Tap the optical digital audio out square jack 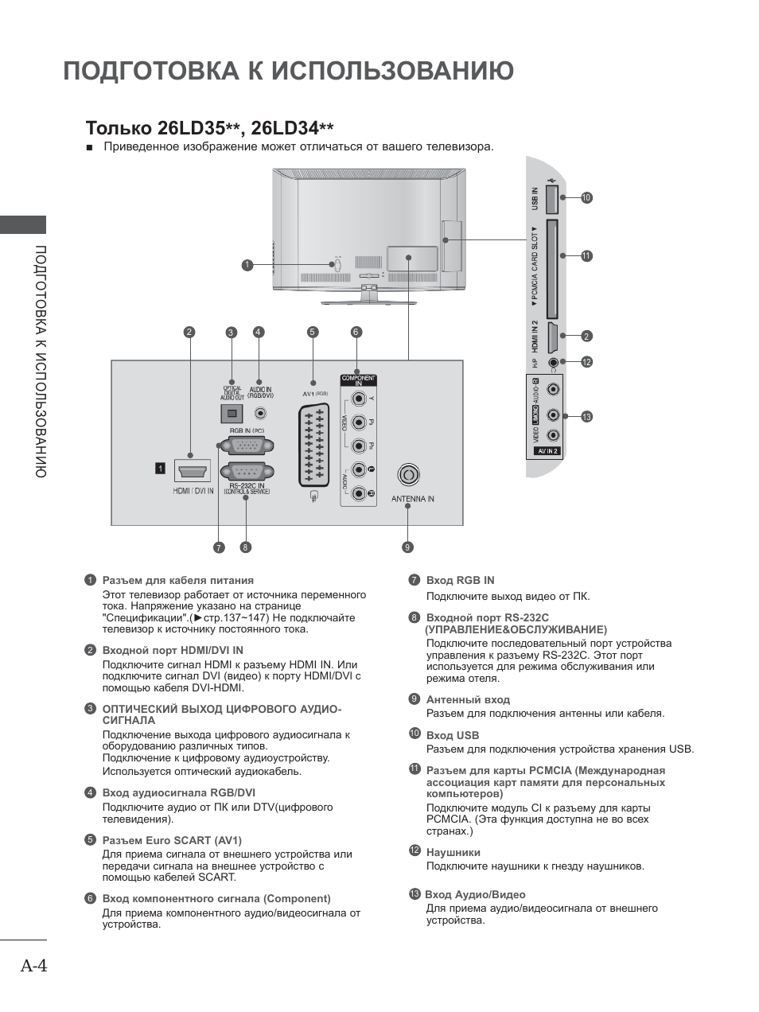[x=232, y=412]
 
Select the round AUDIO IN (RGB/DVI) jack [x=260, y=413]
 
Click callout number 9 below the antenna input [x=407, y=547]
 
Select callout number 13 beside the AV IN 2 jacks [x=587, y=417]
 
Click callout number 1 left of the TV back [x=248, y=265]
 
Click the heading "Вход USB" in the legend [x=452, y=735]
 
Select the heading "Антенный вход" [x=468, y=699]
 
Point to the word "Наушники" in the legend [x=453, y=852]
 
